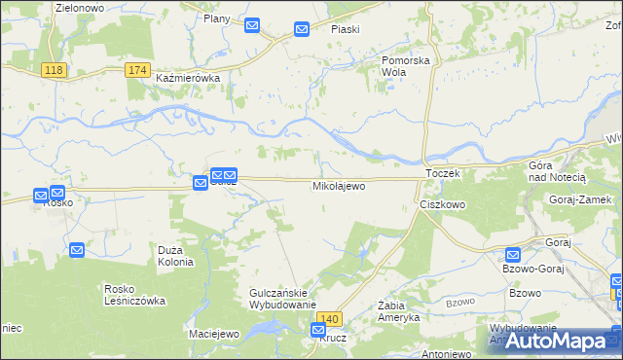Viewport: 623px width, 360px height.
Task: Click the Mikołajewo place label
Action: (x=339, y=185)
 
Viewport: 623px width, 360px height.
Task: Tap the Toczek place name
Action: (x=441, y=172)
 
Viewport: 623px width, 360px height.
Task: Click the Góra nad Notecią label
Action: (x=557, y=172)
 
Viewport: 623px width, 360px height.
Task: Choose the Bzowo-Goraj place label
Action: (x=531, y=268)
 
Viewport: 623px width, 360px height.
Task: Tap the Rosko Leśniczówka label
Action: (x=134, y=295)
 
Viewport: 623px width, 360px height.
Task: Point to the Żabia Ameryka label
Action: (x=398, y=311)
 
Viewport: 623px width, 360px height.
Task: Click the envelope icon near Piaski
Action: (x=302, y=30)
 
